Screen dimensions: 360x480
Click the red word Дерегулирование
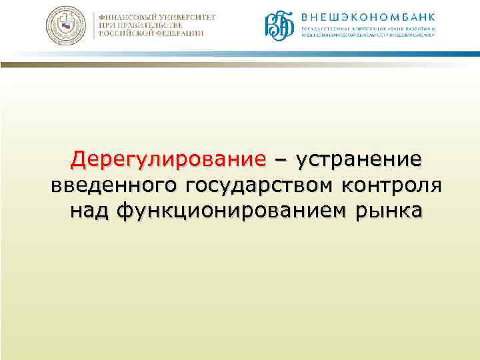pos(169,160)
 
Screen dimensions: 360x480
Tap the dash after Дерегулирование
pos(281,160)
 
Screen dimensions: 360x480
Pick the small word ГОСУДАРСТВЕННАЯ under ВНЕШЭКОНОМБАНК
pos(324,29)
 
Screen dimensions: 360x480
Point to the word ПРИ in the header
pos(107,25)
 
